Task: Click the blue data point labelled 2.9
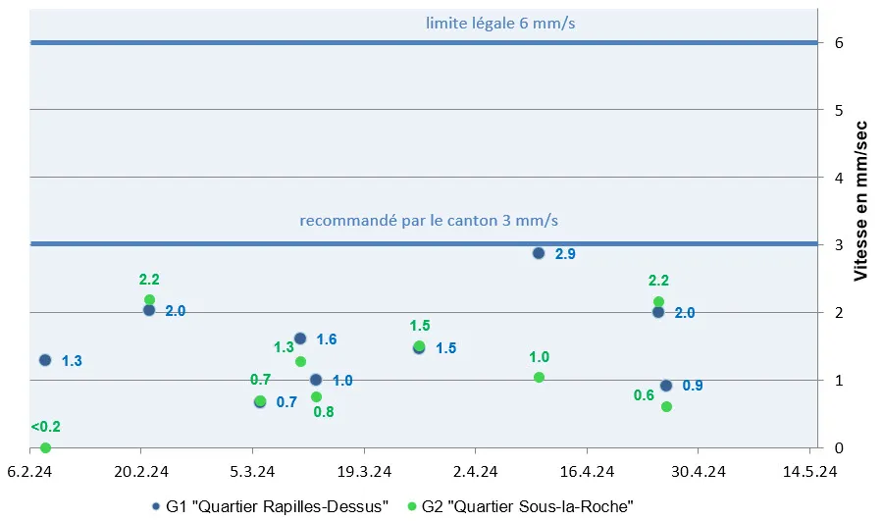pyautogui.click(x=539, y=253)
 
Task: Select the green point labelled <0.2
pyautogui.click(x=45, y=447)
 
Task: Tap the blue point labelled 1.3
pyautogui.click(x=45, y=360)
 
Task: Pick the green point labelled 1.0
pyautogui.click(x=539, y=378)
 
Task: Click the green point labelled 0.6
pyautogui.click(x=666, y=406)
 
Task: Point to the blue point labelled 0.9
pyautogui.click(x=666, y=386)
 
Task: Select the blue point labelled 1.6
pyautogui.click(x=300, y=339)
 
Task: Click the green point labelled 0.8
pyautogui.click(x=316, y=396)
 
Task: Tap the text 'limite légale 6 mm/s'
pyautogui.click(x=500, y=23)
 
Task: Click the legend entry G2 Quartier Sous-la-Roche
pyautogui.click(x=527, y=505)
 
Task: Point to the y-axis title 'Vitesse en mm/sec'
pyautogui.click(x=860, y=200)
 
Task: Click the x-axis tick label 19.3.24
pyautogui.click(x=364, y=470)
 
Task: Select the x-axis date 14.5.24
pyautogui.click(x=809, y=470)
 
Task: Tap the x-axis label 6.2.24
pyautogui.click(x=28, y=470)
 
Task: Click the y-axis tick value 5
pyautogui.click(x=839, y=110)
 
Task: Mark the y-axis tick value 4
pyautogui.click(x=839, y=178)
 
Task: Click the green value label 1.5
pyautogui.click(x=420, y=326)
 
